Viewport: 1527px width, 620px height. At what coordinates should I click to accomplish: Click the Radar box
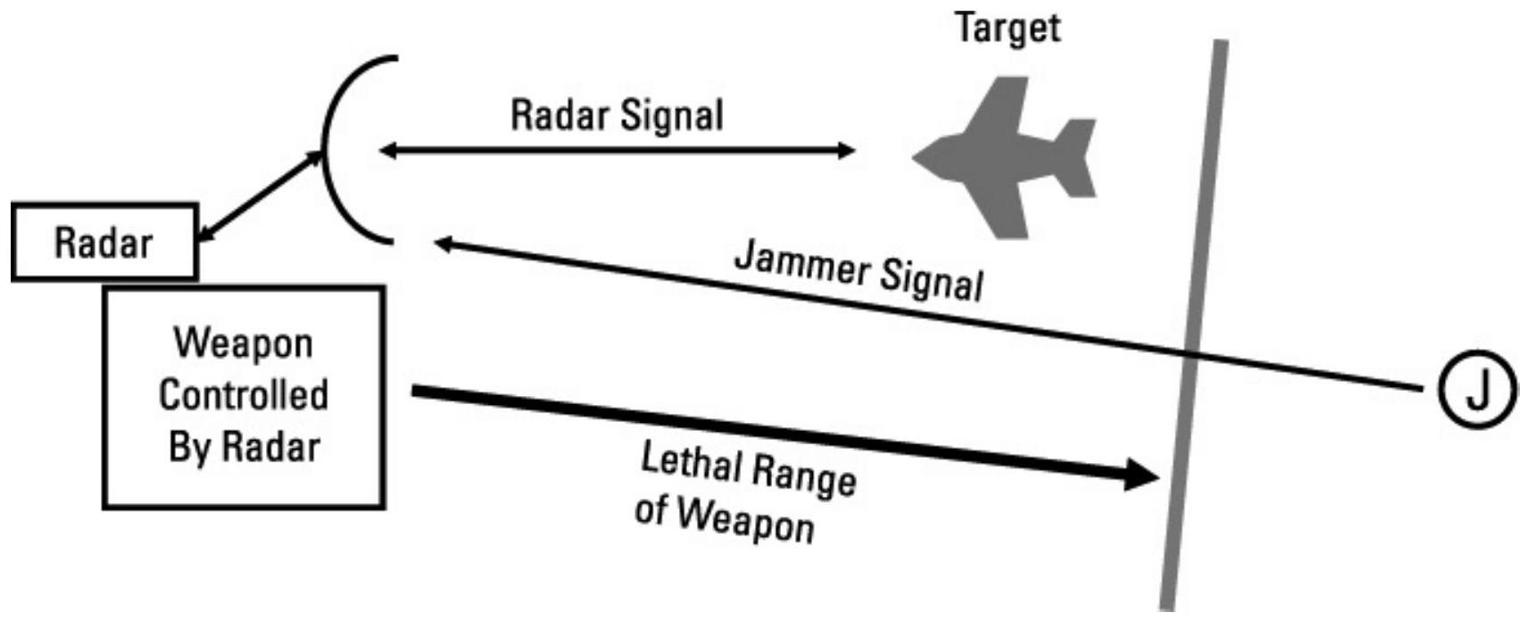[x=104, y=243]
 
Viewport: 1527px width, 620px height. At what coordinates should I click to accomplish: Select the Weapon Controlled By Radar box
[x=244, y=398]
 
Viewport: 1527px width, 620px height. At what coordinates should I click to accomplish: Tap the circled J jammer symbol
[x=1477, y=390]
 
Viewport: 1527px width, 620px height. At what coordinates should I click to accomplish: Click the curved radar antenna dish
[x=335, y=150]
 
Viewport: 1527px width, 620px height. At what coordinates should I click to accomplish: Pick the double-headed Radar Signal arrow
[x=617, y=150]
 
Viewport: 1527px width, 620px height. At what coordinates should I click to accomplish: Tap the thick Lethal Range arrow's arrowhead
[x=1141, y=475]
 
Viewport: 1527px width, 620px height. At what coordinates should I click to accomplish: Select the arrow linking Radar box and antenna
[x=259, y=196]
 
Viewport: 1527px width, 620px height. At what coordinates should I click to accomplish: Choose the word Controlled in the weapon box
[x=244, y=395]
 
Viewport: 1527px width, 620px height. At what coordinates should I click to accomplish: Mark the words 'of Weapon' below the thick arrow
[x=724, y=517]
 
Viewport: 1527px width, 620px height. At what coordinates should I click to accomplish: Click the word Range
[x=804, y=475]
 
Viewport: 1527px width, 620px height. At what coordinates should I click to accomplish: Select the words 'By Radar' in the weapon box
[x=244, y=447]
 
